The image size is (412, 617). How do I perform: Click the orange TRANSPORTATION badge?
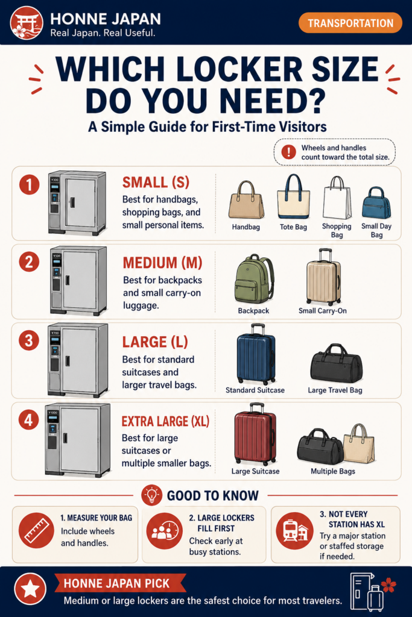[x=350, y=23]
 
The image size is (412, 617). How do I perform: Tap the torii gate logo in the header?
[x=27, y=22]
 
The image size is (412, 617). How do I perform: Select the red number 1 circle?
[x=29, y=184]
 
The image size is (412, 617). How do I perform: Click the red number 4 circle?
[x=29, y=420]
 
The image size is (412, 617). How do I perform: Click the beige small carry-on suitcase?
[x=323, y=277]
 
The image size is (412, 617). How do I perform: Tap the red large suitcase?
[x=255, y=434]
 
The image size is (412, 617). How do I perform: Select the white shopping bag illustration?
[x=337, y=198]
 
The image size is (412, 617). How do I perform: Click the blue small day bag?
[x=376, y=202]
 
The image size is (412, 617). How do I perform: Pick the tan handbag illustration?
[x=246, y=199]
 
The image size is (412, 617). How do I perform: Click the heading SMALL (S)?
[x=156, y=183]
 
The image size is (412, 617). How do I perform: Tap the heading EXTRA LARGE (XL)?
[x=165, y=421]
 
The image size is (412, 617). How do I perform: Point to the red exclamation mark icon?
[x=289, y=152]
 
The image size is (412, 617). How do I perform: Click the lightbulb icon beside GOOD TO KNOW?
[x=152, y=495]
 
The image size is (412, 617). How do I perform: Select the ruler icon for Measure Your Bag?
[x=36, y=530]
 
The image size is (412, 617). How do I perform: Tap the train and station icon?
[x=294, y=531]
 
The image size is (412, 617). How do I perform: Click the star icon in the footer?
[x=30, y=589]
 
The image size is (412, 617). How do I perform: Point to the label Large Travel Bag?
[x=335, y=390]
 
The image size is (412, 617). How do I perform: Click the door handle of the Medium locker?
[x=68, y=280]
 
